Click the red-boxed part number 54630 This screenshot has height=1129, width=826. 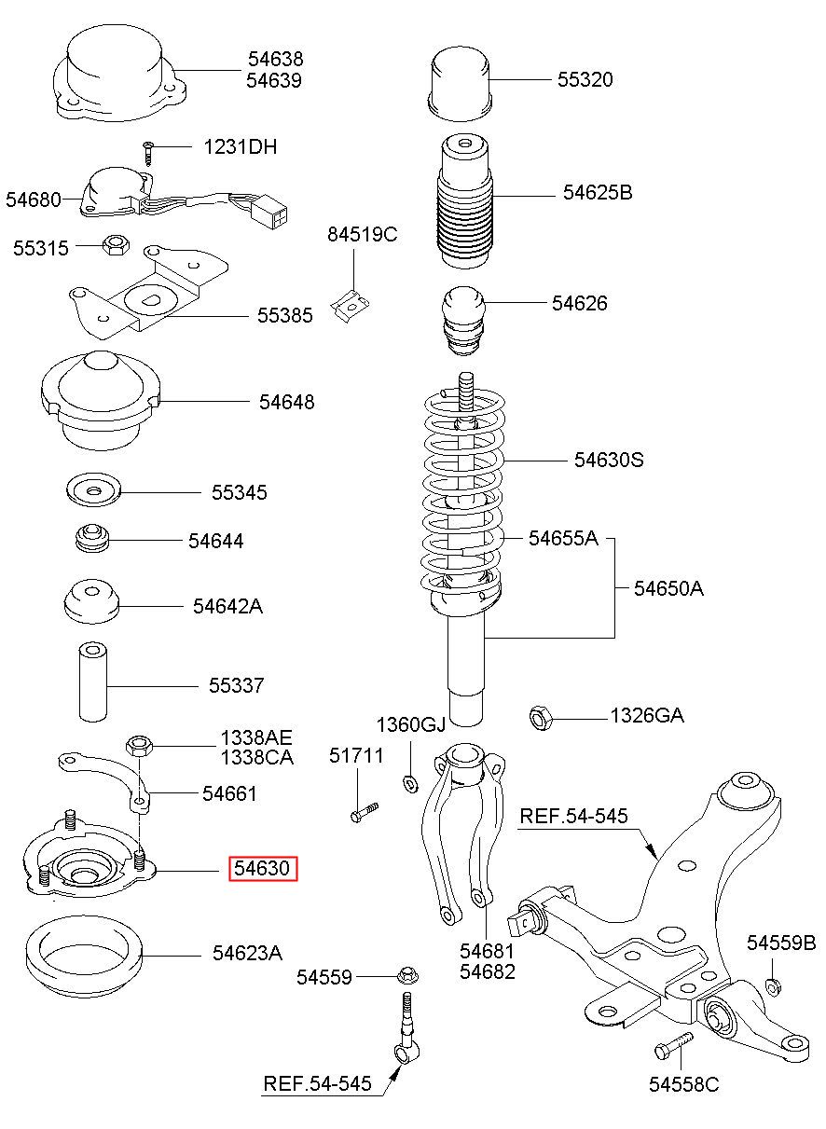tap(263, 868)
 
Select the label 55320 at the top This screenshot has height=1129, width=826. tap(585, 79)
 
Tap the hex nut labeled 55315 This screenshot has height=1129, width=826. tap(116, 245)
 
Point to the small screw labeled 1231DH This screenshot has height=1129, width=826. tap(147, 153)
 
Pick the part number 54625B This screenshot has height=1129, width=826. tap(598, 193)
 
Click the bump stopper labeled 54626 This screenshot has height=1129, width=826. tap(463, 320)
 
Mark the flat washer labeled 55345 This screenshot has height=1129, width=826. tap(94, 489)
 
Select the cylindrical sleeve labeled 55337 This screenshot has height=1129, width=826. tap(93, 682)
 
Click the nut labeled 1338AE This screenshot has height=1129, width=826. tap(139, 746)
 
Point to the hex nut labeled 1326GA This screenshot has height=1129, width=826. tap(542, 718)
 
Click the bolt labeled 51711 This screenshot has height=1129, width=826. tap(364, 812)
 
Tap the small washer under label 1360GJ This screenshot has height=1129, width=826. tap(410, 785)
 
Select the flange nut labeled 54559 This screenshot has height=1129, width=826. tap(407, 975)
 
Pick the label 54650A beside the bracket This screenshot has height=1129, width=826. tap(668, 588)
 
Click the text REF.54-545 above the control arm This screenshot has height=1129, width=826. tap(574, 816)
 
